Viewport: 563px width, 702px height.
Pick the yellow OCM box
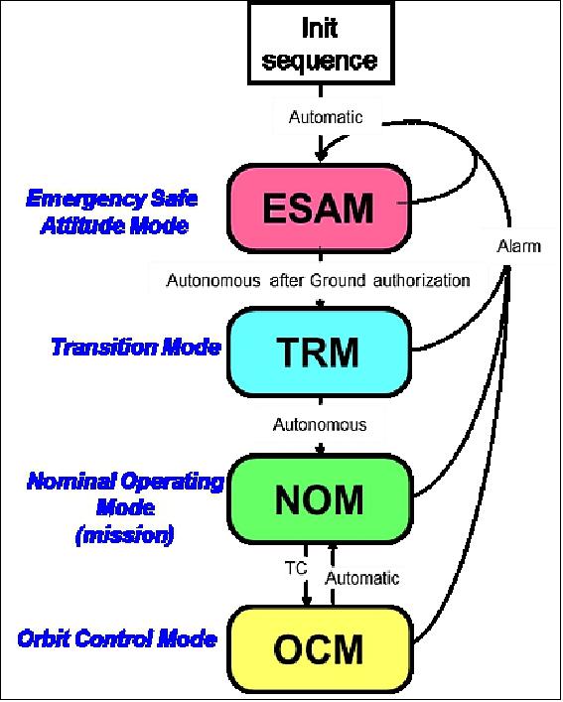(319, 650)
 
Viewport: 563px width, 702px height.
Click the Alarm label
(517, 246)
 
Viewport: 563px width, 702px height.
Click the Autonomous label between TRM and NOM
(319, 425)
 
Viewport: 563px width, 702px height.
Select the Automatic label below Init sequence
(326, 117)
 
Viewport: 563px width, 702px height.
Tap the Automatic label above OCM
(363, 578)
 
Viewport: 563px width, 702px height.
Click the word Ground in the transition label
(331, 280)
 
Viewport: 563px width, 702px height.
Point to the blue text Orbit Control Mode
(117, 637)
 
